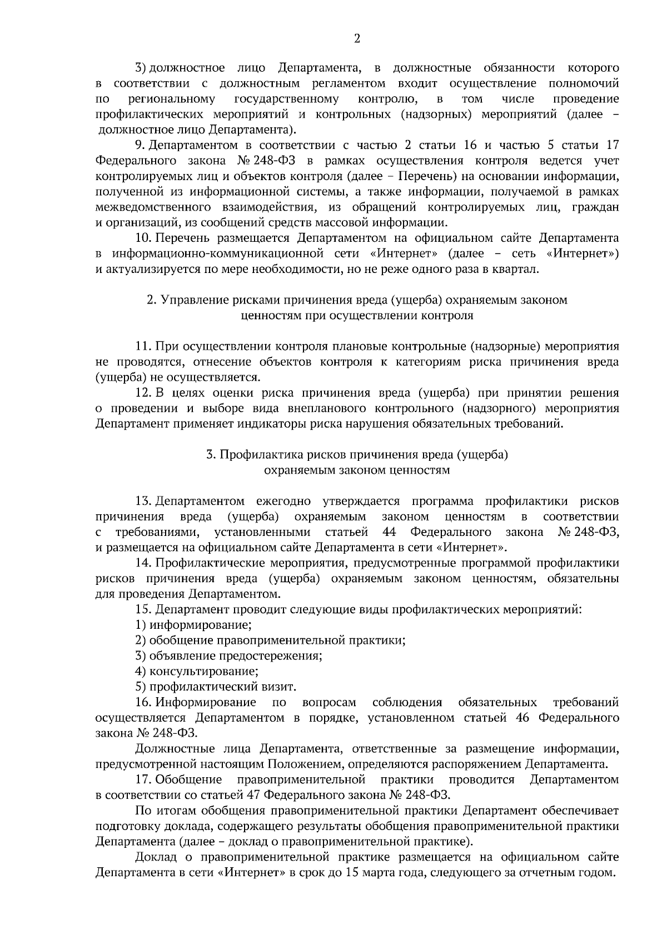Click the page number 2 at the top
coord(357,38)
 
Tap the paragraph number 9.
coord(140,146)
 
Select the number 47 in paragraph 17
coord(251,795)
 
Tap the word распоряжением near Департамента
coord(482,764)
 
